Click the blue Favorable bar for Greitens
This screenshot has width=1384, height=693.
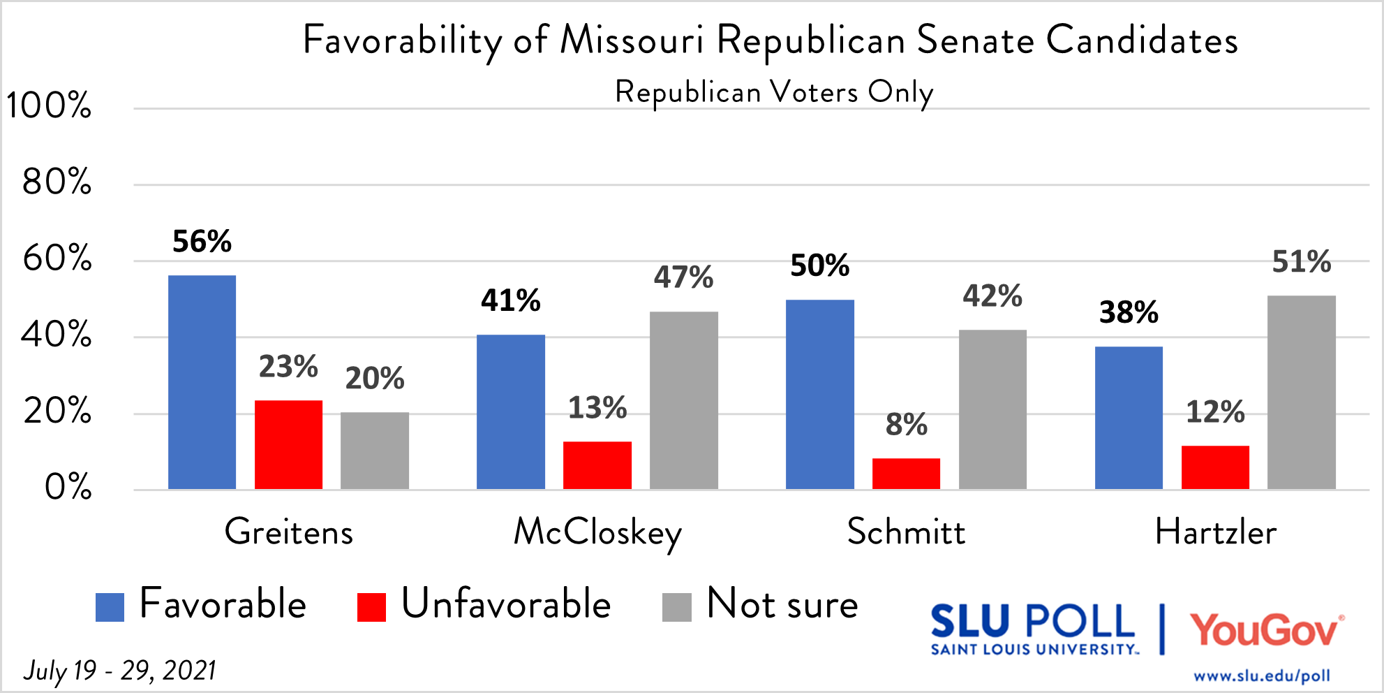pos(202,382)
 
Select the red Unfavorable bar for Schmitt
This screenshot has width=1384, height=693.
pos(906,474)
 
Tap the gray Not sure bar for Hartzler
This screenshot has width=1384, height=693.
pos(1301,392)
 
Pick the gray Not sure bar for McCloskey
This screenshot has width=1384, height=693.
pos(683,400)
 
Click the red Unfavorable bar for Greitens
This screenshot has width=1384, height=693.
pos(288,444)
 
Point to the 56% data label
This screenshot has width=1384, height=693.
pos(202,242)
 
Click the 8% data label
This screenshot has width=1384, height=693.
pos(906,425)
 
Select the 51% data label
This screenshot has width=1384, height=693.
pos(1301,262)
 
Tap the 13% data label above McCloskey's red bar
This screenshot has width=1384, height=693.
pos(597,408)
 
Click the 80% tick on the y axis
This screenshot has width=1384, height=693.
pos(57,182)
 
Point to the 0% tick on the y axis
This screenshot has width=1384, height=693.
pos(68,487)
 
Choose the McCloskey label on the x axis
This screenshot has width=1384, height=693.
pos(597,533)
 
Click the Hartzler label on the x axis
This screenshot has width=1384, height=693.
pos(1215,532)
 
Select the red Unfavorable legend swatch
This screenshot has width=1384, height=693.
pos(371,607)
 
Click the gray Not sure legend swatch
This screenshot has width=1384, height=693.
pos(676,607)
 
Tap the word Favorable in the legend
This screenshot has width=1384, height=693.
pos(223,604)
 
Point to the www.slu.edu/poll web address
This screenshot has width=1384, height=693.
pos(1261,676)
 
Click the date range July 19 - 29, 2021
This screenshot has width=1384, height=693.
pos(119,671)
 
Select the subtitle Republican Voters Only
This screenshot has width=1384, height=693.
pos(773,92)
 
